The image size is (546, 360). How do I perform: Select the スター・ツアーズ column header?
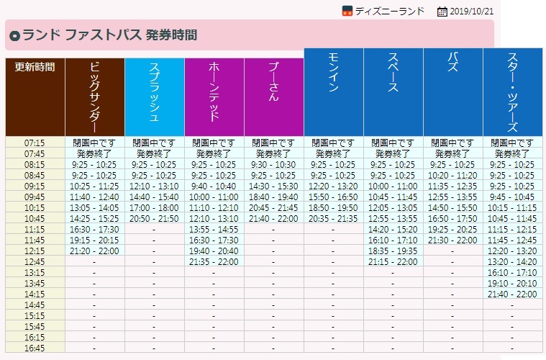click(x=512, y=91)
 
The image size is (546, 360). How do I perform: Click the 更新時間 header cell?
click(x=35, y=67)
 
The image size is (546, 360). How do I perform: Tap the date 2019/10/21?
click(x=472, y=11)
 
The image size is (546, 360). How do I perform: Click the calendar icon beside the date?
click(x=442, y=11)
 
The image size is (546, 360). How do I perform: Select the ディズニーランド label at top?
click(x=389, y=11)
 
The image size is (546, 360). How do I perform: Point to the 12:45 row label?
click(x=35, y=261)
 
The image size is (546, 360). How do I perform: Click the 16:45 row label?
click(x=35, y=348)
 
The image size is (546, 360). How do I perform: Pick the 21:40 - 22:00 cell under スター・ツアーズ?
click(x=512, y=294)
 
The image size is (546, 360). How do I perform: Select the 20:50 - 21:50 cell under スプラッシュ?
click(x=154, y=218)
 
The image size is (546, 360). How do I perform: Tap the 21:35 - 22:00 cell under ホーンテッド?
click(x=214, y=261)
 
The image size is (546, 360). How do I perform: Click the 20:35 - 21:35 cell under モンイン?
click(x=333, y=218)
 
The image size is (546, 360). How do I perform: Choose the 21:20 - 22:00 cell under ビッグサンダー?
click(x=94, y=251)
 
